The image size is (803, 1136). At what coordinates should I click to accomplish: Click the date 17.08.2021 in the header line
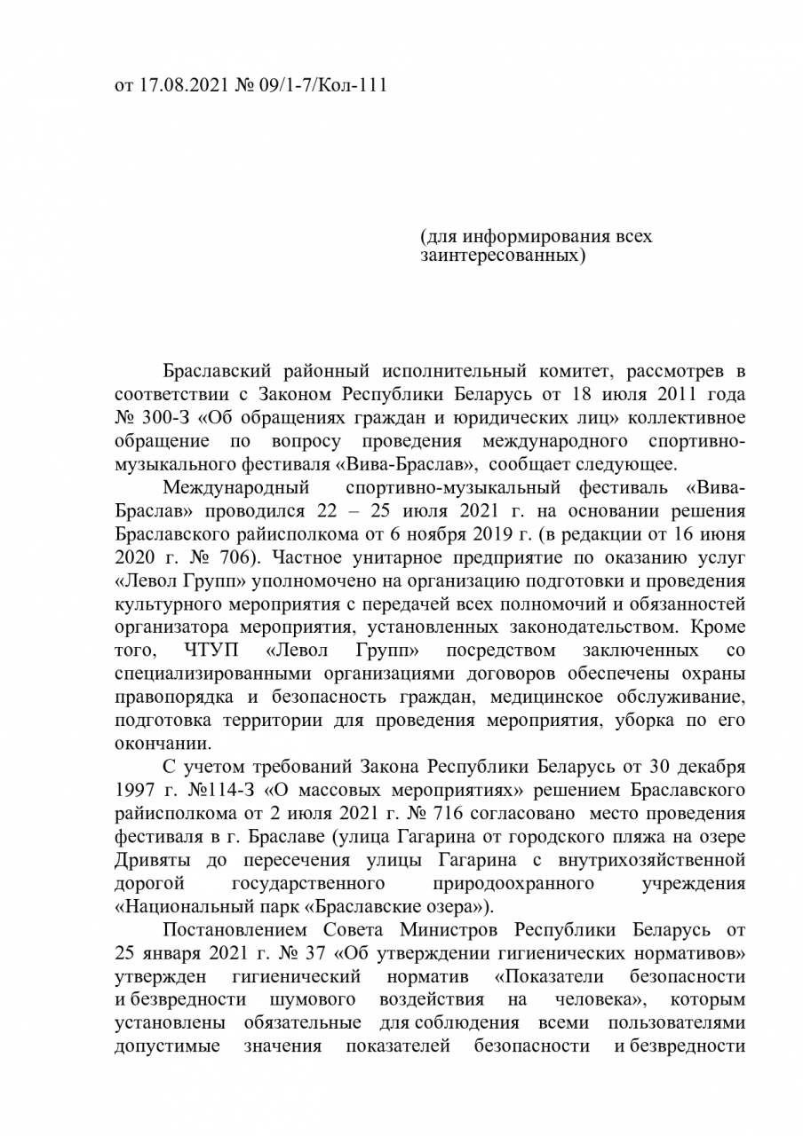178,87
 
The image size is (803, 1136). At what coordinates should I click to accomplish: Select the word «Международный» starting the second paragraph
235,489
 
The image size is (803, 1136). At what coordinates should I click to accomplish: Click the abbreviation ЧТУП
214,652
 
